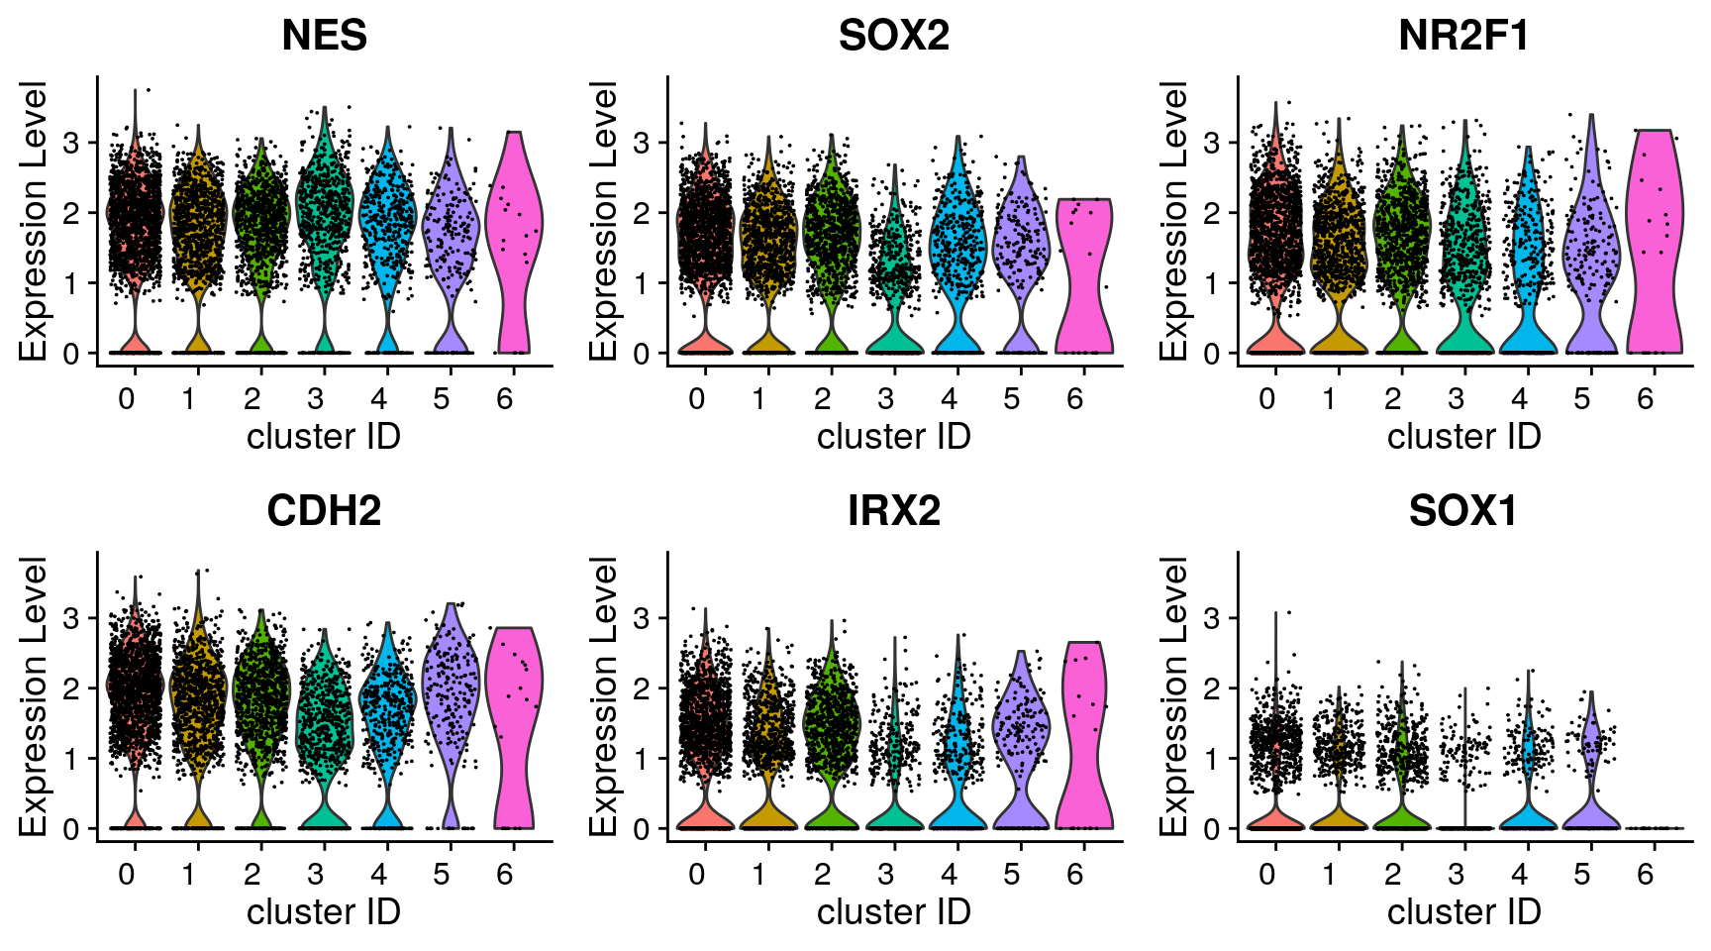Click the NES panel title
tap(324, 36)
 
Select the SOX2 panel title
tap(893, 36)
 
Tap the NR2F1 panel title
tap(1463, 36)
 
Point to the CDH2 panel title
tap(324, 511)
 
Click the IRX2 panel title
tap(893, 511)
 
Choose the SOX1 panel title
tap(1463, 511)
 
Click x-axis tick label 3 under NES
tap(316, 398)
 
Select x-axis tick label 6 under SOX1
tap(1646, 874)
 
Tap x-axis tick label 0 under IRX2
tap(697, 874)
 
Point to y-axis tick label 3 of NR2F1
tap(1211, 143)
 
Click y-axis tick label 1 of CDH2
tap(70, 759)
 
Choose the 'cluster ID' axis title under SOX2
tap(893, 436)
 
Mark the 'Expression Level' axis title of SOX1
tap(1174, 696)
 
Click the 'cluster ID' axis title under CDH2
tap(324, 911)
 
